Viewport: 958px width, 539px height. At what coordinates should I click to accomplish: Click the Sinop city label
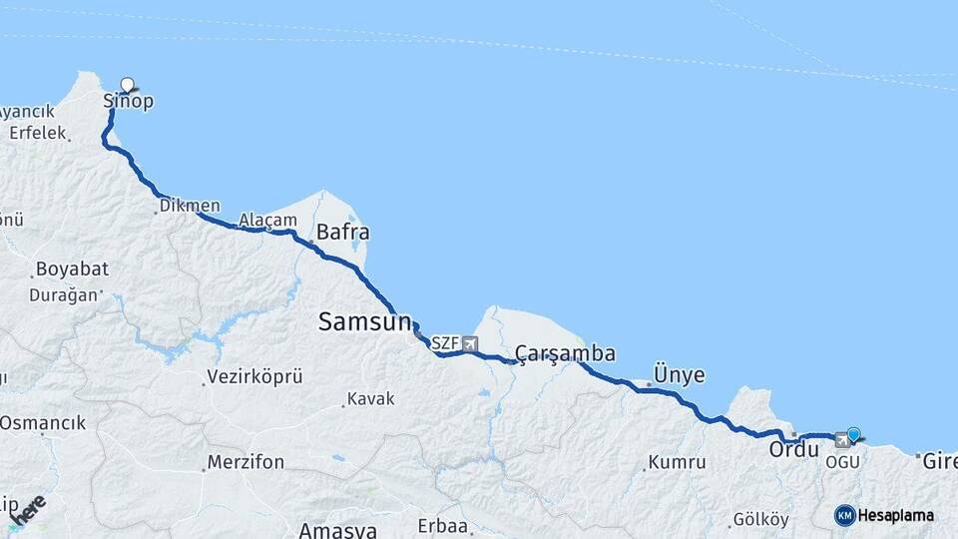pos(129,102)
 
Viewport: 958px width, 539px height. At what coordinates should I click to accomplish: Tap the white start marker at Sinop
pos(127,85)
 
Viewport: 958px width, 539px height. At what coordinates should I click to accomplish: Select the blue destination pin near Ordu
pos(853,434)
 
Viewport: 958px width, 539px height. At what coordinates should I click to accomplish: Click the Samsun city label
pos(364,321)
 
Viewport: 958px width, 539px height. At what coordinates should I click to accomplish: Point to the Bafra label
pos(342,233)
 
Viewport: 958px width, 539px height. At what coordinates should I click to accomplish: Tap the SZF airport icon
pos(470,343)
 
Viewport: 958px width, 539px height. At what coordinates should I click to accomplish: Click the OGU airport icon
pos(842,440)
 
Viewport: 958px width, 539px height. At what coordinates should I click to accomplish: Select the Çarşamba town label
pos(565,354)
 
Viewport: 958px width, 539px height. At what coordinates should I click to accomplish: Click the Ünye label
pos(679,375)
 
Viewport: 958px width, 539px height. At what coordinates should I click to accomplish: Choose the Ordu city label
pos(793,450)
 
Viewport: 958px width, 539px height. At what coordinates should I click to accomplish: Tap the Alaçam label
pos(267,220)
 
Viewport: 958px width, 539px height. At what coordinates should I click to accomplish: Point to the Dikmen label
pos(190,206)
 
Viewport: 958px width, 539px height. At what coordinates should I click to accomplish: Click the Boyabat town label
pos(72,269)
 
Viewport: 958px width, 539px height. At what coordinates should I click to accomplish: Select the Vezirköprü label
pos(253,377)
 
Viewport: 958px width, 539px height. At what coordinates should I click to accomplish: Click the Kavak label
pos(370,399)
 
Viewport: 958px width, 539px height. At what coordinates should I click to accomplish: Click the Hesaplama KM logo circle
pos(844,515)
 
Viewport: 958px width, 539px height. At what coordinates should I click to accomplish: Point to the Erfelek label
pos(37,133)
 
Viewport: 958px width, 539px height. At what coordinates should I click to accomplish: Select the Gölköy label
pos(760,520)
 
